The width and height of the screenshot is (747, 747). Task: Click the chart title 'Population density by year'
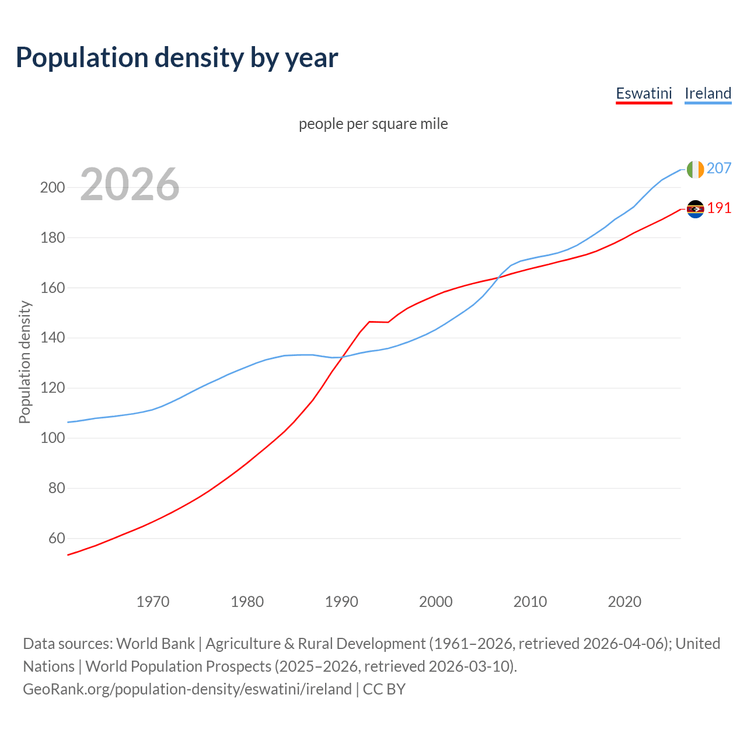tap(177, 58)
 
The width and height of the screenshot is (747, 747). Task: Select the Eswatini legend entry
tap(644, 93)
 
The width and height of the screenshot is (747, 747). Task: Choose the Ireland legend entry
tap(707, 93)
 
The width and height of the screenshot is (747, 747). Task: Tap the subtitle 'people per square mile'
tap(373, 124)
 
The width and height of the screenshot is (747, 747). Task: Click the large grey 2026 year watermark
tap(130, 184)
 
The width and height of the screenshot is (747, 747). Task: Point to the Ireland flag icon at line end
tap(695, 169)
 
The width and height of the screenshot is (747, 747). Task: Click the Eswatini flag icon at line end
tap(695, 209)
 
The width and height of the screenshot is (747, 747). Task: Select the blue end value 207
tap(718, 168)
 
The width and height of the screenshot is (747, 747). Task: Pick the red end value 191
tap(719, 208)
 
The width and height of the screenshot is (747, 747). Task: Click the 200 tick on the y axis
tap(53, 188)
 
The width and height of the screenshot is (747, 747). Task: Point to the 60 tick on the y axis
tap(56, 538)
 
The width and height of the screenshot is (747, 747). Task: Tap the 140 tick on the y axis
tap(53, 338)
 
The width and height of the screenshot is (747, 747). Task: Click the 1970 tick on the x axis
tap(153, 602)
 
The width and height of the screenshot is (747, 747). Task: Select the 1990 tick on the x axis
tap(341, 602)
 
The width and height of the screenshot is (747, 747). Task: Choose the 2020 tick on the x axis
tap(624, 602)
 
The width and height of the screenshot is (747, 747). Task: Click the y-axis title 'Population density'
tap(25, 362)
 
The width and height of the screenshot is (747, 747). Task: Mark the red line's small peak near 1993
tap(369, 322)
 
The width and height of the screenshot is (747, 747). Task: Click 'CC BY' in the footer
tap(384, 689)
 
